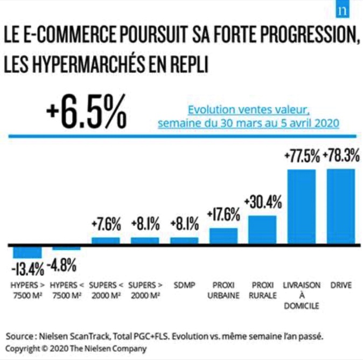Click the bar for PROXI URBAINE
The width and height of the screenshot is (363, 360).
[224, 236]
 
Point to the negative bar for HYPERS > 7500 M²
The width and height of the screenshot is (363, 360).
[27, 252]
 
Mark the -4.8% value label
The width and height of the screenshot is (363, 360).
[66, 265]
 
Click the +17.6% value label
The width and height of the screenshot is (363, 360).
[224, 215]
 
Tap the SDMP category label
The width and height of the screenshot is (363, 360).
[184, 285]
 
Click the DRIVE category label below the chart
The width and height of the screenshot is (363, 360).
[340, 285]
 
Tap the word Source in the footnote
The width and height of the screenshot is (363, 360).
[19, 336]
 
